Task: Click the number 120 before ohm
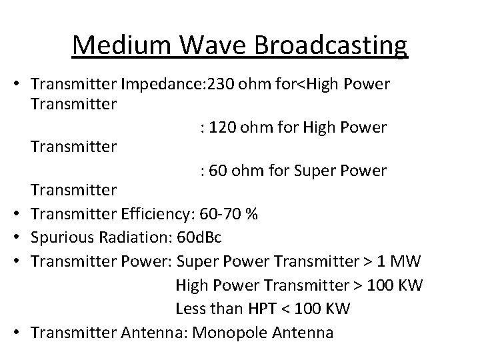[223, 127]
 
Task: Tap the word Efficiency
[155, 214]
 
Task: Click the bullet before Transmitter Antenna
[20, 333]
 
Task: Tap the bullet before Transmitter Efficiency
[20, 214]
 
